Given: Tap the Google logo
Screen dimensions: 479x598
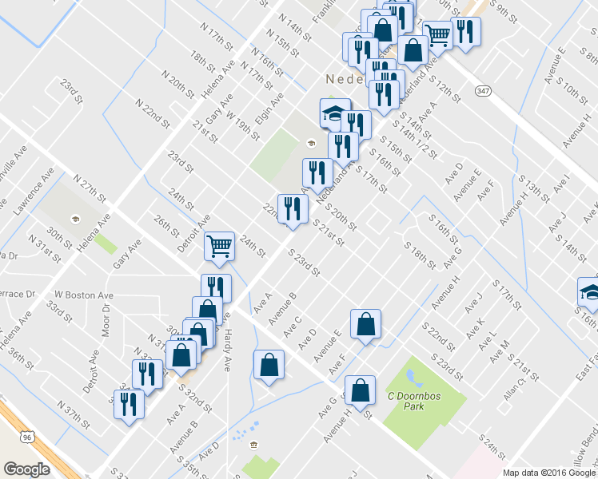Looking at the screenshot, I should click(26, 469).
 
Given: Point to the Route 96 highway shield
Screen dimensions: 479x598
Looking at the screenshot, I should click(29, 438).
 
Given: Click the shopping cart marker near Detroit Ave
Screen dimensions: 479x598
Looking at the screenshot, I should click(219, 245).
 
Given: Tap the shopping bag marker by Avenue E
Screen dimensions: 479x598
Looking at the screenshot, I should click(365, 324).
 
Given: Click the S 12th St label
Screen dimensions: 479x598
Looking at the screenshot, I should click(445, 89).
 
